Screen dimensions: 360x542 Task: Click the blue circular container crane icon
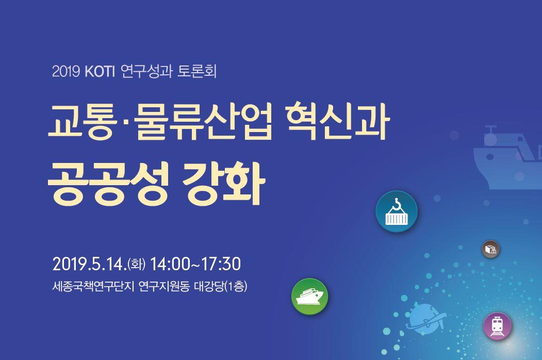pyautogui.click(x=396, y=212)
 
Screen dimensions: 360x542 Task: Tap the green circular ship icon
pyautogui.click(x=310, y=297)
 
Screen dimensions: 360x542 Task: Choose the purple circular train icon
pyautogui.click(x=498, y=325)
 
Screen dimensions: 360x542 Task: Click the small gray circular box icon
pyautogui.click(x=490, y=249)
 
